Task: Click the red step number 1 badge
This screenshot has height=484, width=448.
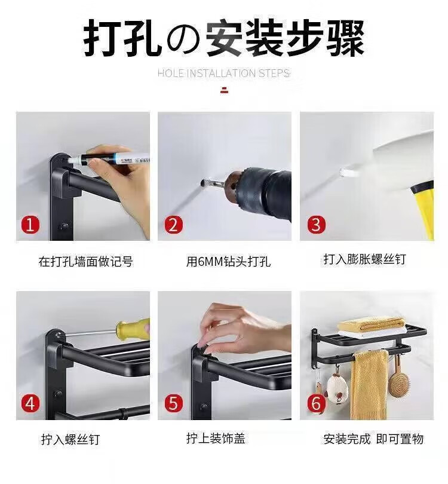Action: (30, 225)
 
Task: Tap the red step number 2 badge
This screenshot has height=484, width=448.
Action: (173, 225)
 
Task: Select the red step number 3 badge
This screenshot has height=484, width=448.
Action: (316, 225)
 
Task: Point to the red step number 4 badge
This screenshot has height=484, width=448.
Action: (30, 403)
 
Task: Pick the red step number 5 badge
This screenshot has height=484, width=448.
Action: (173, 403)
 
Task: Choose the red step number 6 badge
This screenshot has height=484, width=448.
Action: (316, 403)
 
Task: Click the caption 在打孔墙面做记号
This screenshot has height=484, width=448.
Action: (86, 262)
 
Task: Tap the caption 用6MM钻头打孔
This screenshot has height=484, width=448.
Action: (228, 262)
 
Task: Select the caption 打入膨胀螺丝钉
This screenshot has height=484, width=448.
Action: (365, 259)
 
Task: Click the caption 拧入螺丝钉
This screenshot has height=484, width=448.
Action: (70, 439)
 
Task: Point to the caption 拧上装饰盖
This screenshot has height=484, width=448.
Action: (216, 438)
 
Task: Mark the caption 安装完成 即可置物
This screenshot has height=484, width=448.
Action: (373, 439)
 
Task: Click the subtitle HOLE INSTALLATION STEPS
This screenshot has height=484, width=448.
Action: (223, 73)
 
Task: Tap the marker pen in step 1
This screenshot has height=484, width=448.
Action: (108, 158)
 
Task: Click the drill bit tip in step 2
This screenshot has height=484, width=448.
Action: (202, 183)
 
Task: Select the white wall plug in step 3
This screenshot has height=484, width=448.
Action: (349, 172)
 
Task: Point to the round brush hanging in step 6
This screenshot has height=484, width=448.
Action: (398, 382)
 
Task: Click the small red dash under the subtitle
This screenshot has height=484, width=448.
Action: (225, 90)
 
